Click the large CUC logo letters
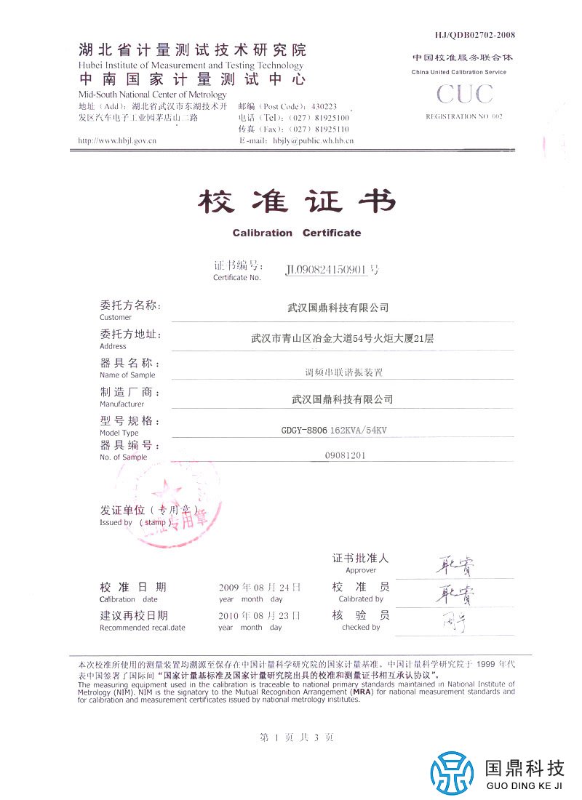pyautogui.click(x=465, y=95)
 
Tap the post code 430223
pyautogui.click(x=324, y=106)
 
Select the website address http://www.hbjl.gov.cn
pyautogui.click(x=117, y=140)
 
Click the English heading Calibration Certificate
pyautogui.click(x=297, y=233)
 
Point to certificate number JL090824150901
pyautogui.click(x=328, y=270)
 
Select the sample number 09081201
pyautogui.click(x=348, y=455)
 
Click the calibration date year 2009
pyautogui.click(x=228, y=587)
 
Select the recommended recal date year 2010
pyautogui.click(x=228, y=615)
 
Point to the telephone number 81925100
pyautogui.click(x=334, y=118)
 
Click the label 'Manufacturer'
pyautogui.click(x=121, y=404)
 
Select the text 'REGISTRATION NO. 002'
pyautogui.click(x=464, y=116)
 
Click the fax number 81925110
pyautogui.click(x=334, y=129)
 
